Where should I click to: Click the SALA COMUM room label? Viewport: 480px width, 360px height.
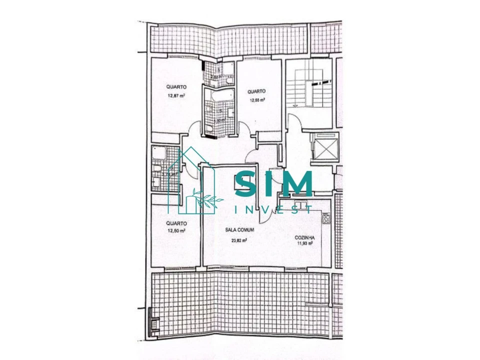point(239,230)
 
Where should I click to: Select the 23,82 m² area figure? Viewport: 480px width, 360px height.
point(239,240)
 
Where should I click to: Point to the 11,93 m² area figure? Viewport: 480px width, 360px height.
point(304,243)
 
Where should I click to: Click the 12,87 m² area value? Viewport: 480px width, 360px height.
point(176,96)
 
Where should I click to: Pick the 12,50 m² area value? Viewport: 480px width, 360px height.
point(176,231)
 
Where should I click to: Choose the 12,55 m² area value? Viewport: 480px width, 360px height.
point(257,100)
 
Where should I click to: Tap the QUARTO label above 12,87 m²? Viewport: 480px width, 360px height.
point(176,87)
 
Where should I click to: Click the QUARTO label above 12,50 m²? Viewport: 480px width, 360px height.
point(176,223)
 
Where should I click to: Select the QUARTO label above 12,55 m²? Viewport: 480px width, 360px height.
point(256,91)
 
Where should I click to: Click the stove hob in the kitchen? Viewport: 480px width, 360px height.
point(326,218)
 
